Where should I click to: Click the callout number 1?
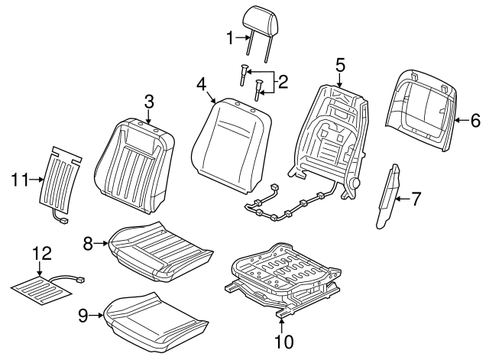(230, 38)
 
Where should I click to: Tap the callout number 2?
(283, 82)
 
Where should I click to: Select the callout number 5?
(340, 66)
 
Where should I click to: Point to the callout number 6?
(475, 121)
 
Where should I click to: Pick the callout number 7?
(416, 199)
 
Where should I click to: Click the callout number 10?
(284, 342)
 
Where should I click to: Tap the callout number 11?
(20, 180)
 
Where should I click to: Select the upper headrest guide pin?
(244, 74)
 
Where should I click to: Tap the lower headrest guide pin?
(258, 90)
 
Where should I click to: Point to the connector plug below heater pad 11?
(64, 222)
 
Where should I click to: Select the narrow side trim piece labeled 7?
(388, 196)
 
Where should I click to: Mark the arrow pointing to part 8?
(101, 243)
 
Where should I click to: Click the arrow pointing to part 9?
(96, 316)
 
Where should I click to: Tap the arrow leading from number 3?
(149, 116)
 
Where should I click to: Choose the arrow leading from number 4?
(211, 97)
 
